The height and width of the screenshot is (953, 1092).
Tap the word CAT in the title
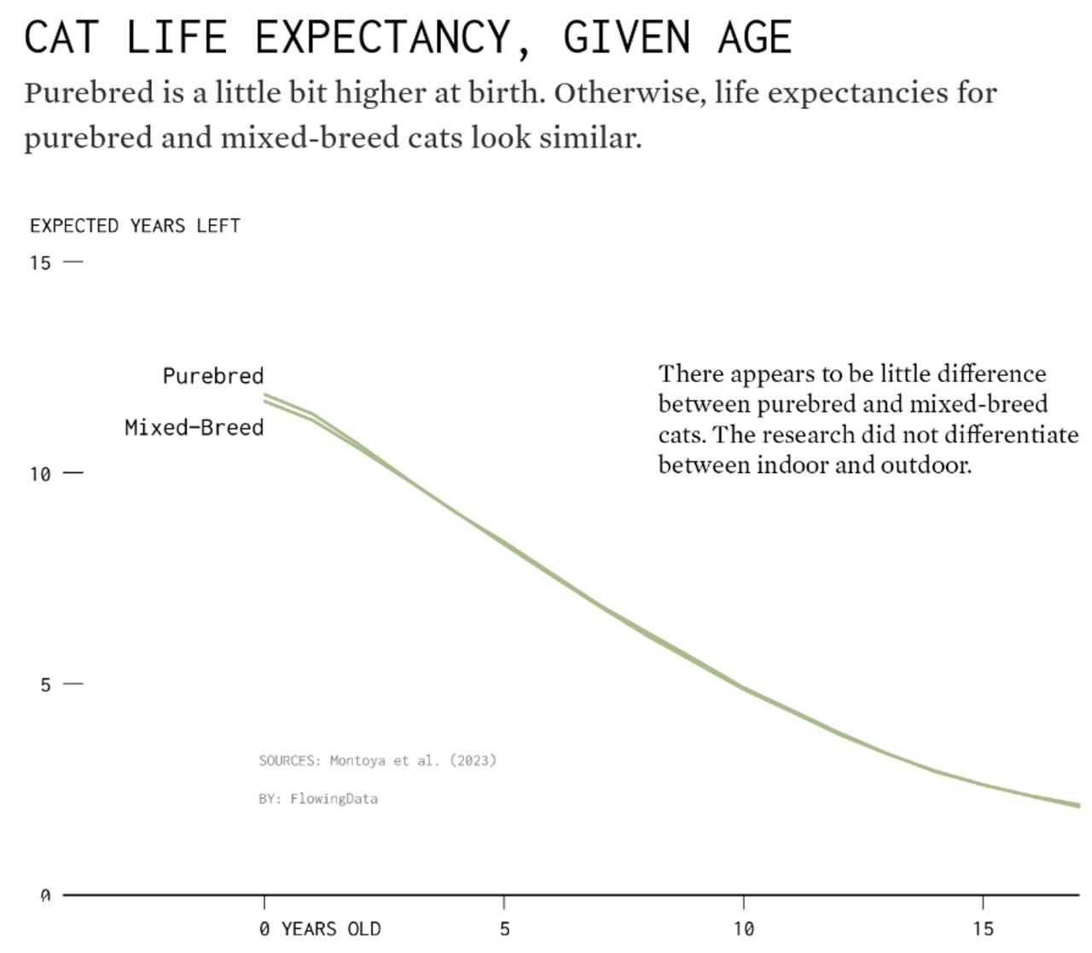point(61,38)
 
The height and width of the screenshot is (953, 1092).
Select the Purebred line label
point(213,376)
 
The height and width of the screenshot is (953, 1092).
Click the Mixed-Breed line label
point(194,427)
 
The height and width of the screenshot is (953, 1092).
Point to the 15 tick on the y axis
point(40,263)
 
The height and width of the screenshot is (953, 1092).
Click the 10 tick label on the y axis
point(40,474)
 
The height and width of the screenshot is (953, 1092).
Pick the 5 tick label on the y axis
point(45,684)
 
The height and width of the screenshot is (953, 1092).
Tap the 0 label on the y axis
point(45,895)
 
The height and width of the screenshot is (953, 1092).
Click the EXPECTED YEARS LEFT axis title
point(135,226)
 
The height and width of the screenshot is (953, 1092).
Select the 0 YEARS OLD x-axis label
point(320,928)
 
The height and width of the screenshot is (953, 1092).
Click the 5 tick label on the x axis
point(504,928)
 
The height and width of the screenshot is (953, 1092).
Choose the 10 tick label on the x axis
point(743,928)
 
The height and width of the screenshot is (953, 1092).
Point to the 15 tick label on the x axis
point(983,928)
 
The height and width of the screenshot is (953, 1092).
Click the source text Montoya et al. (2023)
point(412,760)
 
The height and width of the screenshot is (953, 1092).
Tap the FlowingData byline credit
point(334,799)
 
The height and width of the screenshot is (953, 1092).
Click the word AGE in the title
point(755,38)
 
